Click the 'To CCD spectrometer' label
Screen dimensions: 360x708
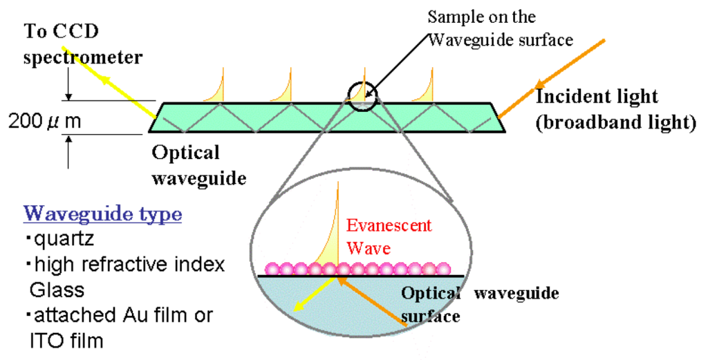pos(83,44)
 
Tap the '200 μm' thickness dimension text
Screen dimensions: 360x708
pos(45,122)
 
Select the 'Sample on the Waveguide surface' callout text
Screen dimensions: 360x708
pos(501,28)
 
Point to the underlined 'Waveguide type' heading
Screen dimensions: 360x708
pos(103,214)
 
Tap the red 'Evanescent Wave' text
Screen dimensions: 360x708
pos(389,236)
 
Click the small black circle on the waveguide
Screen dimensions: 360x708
pos(364,95)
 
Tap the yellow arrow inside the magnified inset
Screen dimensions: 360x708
pos(315,294)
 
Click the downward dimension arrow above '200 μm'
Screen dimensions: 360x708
pos(68,88)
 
